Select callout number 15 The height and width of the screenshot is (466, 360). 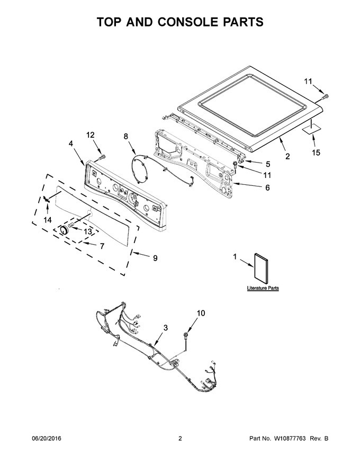click(317, 153)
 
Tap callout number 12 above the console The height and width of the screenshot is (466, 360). click(91, 135)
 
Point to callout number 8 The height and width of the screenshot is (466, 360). click(126, 136)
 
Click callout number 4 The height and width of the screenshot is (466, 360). click(71, 144)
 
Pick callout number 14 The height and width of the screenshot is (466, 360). click(48, 220)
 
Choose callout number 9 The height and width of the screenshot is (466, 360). click(155, 258)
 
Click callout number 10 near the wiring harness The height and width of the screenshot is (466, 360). click(201, 313)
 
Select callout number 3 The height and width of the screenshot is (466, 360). click(166, 328)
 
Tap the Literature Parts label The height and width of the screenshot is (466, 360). click(263, 288)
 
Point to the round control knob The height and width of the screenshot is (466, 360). click(64, 231)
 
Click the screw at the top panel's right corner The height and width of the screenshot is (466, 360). click(326, 96)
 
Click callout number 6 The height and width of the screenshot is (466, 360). click(267, 187)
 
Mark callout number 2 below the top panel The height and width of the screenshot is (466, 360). click(287, 156)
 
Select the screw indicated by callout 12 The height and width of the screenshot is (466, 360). click(103, 157)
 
